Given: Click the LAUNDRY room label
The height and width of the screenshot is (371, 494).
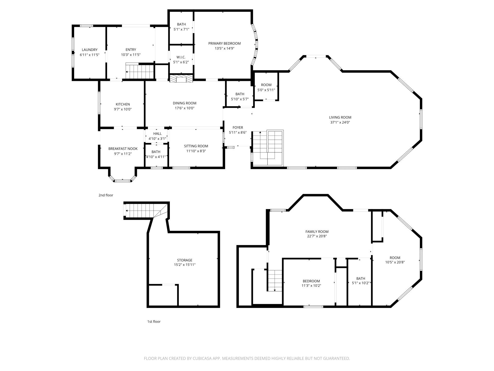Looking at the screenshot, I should (x=90, y=50).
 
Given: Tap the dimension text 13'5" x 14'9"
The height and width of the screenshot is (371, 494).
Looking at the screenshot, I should (x=224, y=48).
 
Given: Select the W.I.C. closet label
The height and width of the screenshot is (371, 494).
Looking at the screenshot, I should (x=181, y=57).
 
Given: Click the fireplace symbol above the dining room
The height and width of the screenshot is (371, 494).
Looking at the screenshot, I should (x=181, y=79).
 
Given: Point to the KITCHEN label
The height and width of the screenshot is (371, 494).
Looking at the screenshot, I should (x=123, y=104).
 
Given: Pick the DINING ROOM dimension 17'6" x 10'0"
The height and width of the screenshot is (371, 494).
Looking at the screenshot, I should (x=184, y=108).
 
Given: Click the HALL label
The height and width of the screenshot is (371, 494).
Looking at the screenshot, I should (x=157, y=133).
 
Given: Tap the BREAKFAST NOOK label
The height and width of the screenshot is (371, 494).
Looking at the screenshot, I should (x=123, y=149).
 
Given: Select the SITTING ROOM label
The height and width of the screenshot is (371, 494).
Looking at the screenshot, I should (x=196, y=146).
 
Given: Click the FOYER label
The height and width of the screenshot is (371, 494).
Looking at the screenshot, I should (x=238, y=128).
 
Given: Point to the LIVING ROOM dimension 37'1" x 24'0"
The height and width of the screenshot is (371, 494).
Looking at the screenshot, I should (x=340, y=122).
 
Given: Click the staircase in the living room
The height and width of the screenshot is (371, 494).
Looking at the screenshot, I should (x=268, y=148).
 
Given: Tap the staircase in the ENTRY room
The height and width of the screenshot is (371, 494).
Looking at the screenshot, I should (x=139, y=71).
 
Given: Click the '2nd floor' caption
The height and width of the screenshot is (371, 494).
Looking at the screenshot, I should (x=106, y=195).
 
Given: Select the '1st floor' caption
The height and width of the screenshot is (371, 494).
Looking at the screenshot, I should (x=154, y=322).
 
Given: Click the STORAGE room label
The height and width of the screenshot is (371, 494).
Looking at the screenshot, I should (x=184, y=260).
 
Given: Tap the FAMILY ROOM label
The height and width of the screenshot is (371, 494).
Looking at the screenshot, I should (x=317, y=232).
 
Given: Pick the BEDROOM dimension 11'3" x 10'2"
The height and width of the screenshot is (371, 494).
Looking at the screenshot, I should (x=311, y=285).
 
